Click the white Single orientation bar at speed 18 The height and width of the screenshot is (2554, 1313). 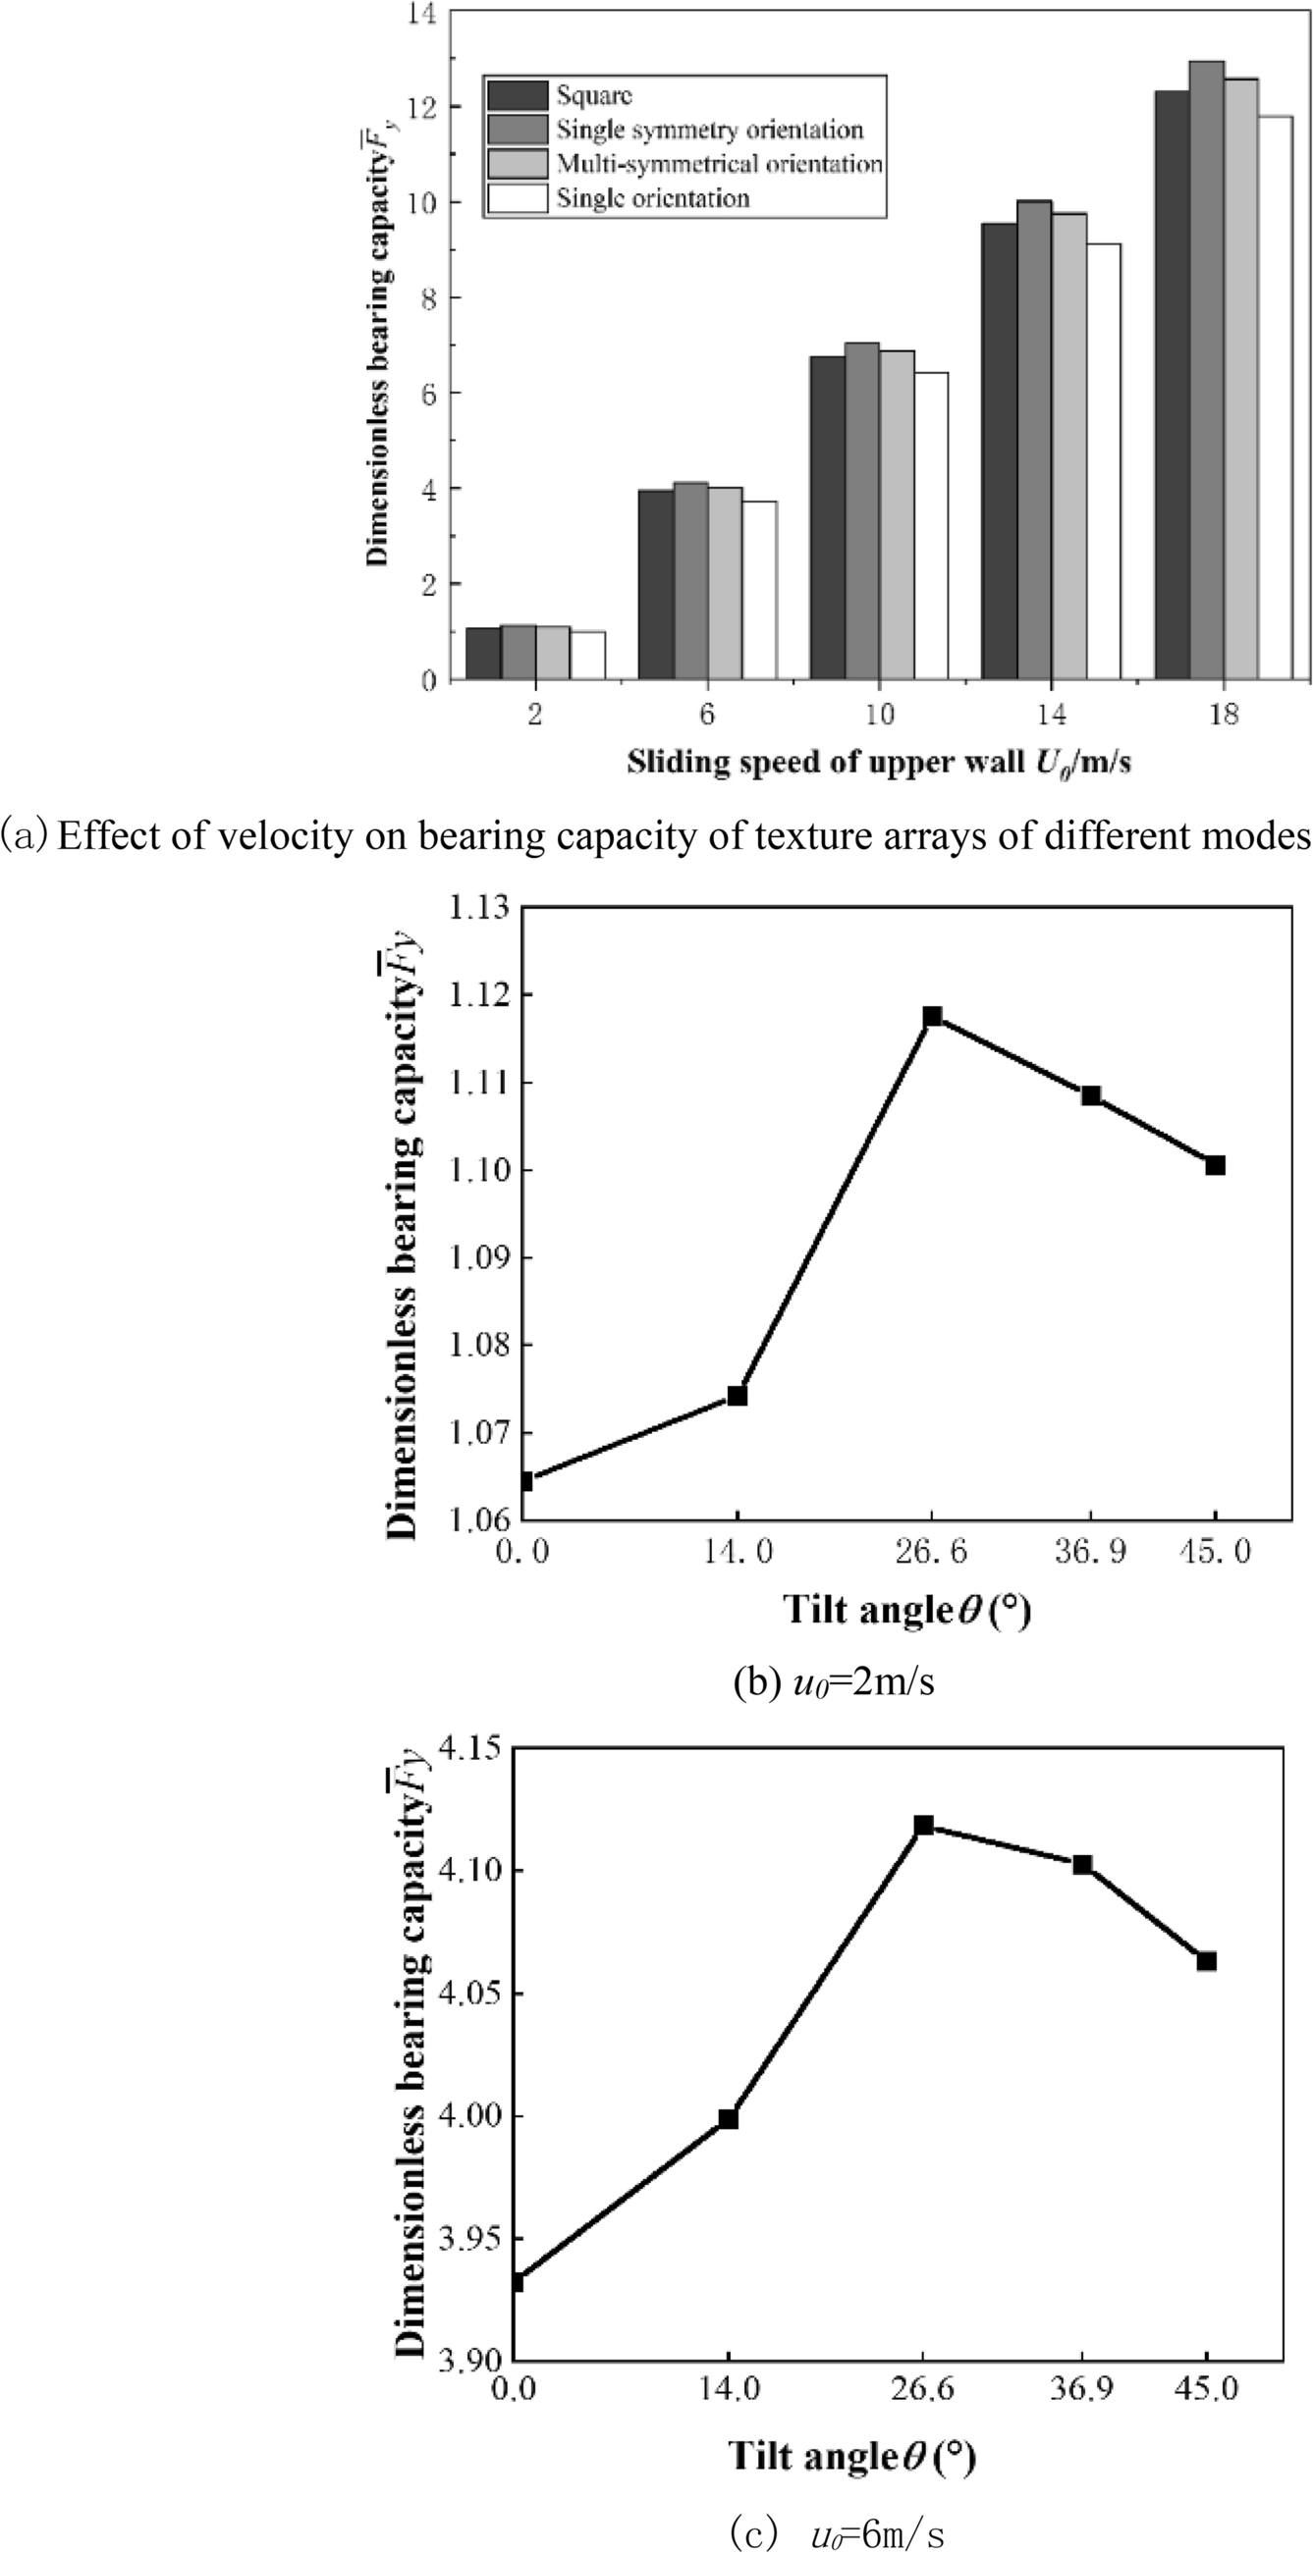coord(1276,397)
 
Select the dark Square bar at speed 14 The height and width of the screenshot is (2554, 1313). coord(999,452)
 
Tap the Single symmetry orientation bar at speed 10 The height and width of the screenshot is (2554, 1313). coord(862,510)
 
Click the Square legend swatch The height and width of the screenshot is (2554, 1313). coord(517,95)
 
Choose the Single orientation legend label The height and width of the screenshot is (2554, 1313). coord(652,198)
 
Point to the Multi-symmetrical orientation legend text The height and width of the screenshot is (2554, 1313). coord(719,164)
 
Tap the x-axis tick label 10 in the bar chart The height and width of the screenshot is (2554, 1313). coord(880,715)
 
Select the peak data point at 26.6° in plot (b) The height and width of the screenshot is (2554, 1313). coord(932,1016)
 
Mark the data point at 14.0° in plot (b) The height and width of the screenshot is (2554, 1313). coord(737,1396)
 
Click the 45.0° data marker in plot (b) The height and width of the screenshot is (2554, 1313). coord(1216,1165)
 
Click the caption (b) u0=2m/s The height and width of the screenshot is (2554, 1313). coord(833,1682)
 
